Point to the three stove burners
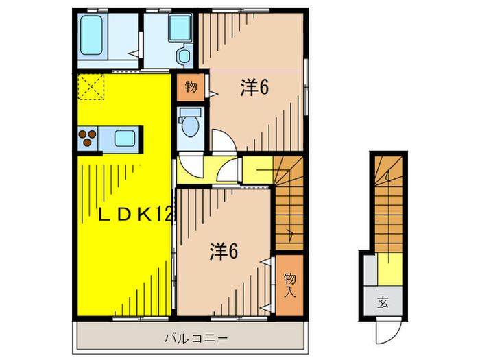(88, 139)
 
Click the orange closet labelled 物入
(289, 285)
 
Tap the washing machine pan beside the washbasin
(158, 31)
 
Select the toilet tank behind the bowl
(189, 112)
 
